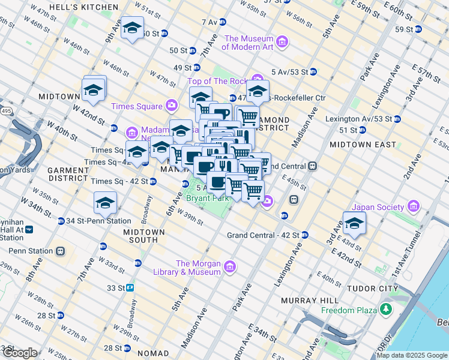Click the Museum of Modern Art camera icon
[x=282, y=43]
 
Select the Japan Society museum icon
[x=412, y=208]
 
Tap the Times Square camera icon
[x=172, y=106]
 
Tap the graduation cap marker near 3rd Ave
[x=355, y=224]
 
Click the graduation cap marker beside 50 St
[x=132, y=28]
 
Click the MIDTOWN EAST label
[x=363, y=145]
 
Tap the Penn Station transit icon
[x=61, y=251]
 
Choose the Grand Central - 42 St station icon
[x=305, y=235]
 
